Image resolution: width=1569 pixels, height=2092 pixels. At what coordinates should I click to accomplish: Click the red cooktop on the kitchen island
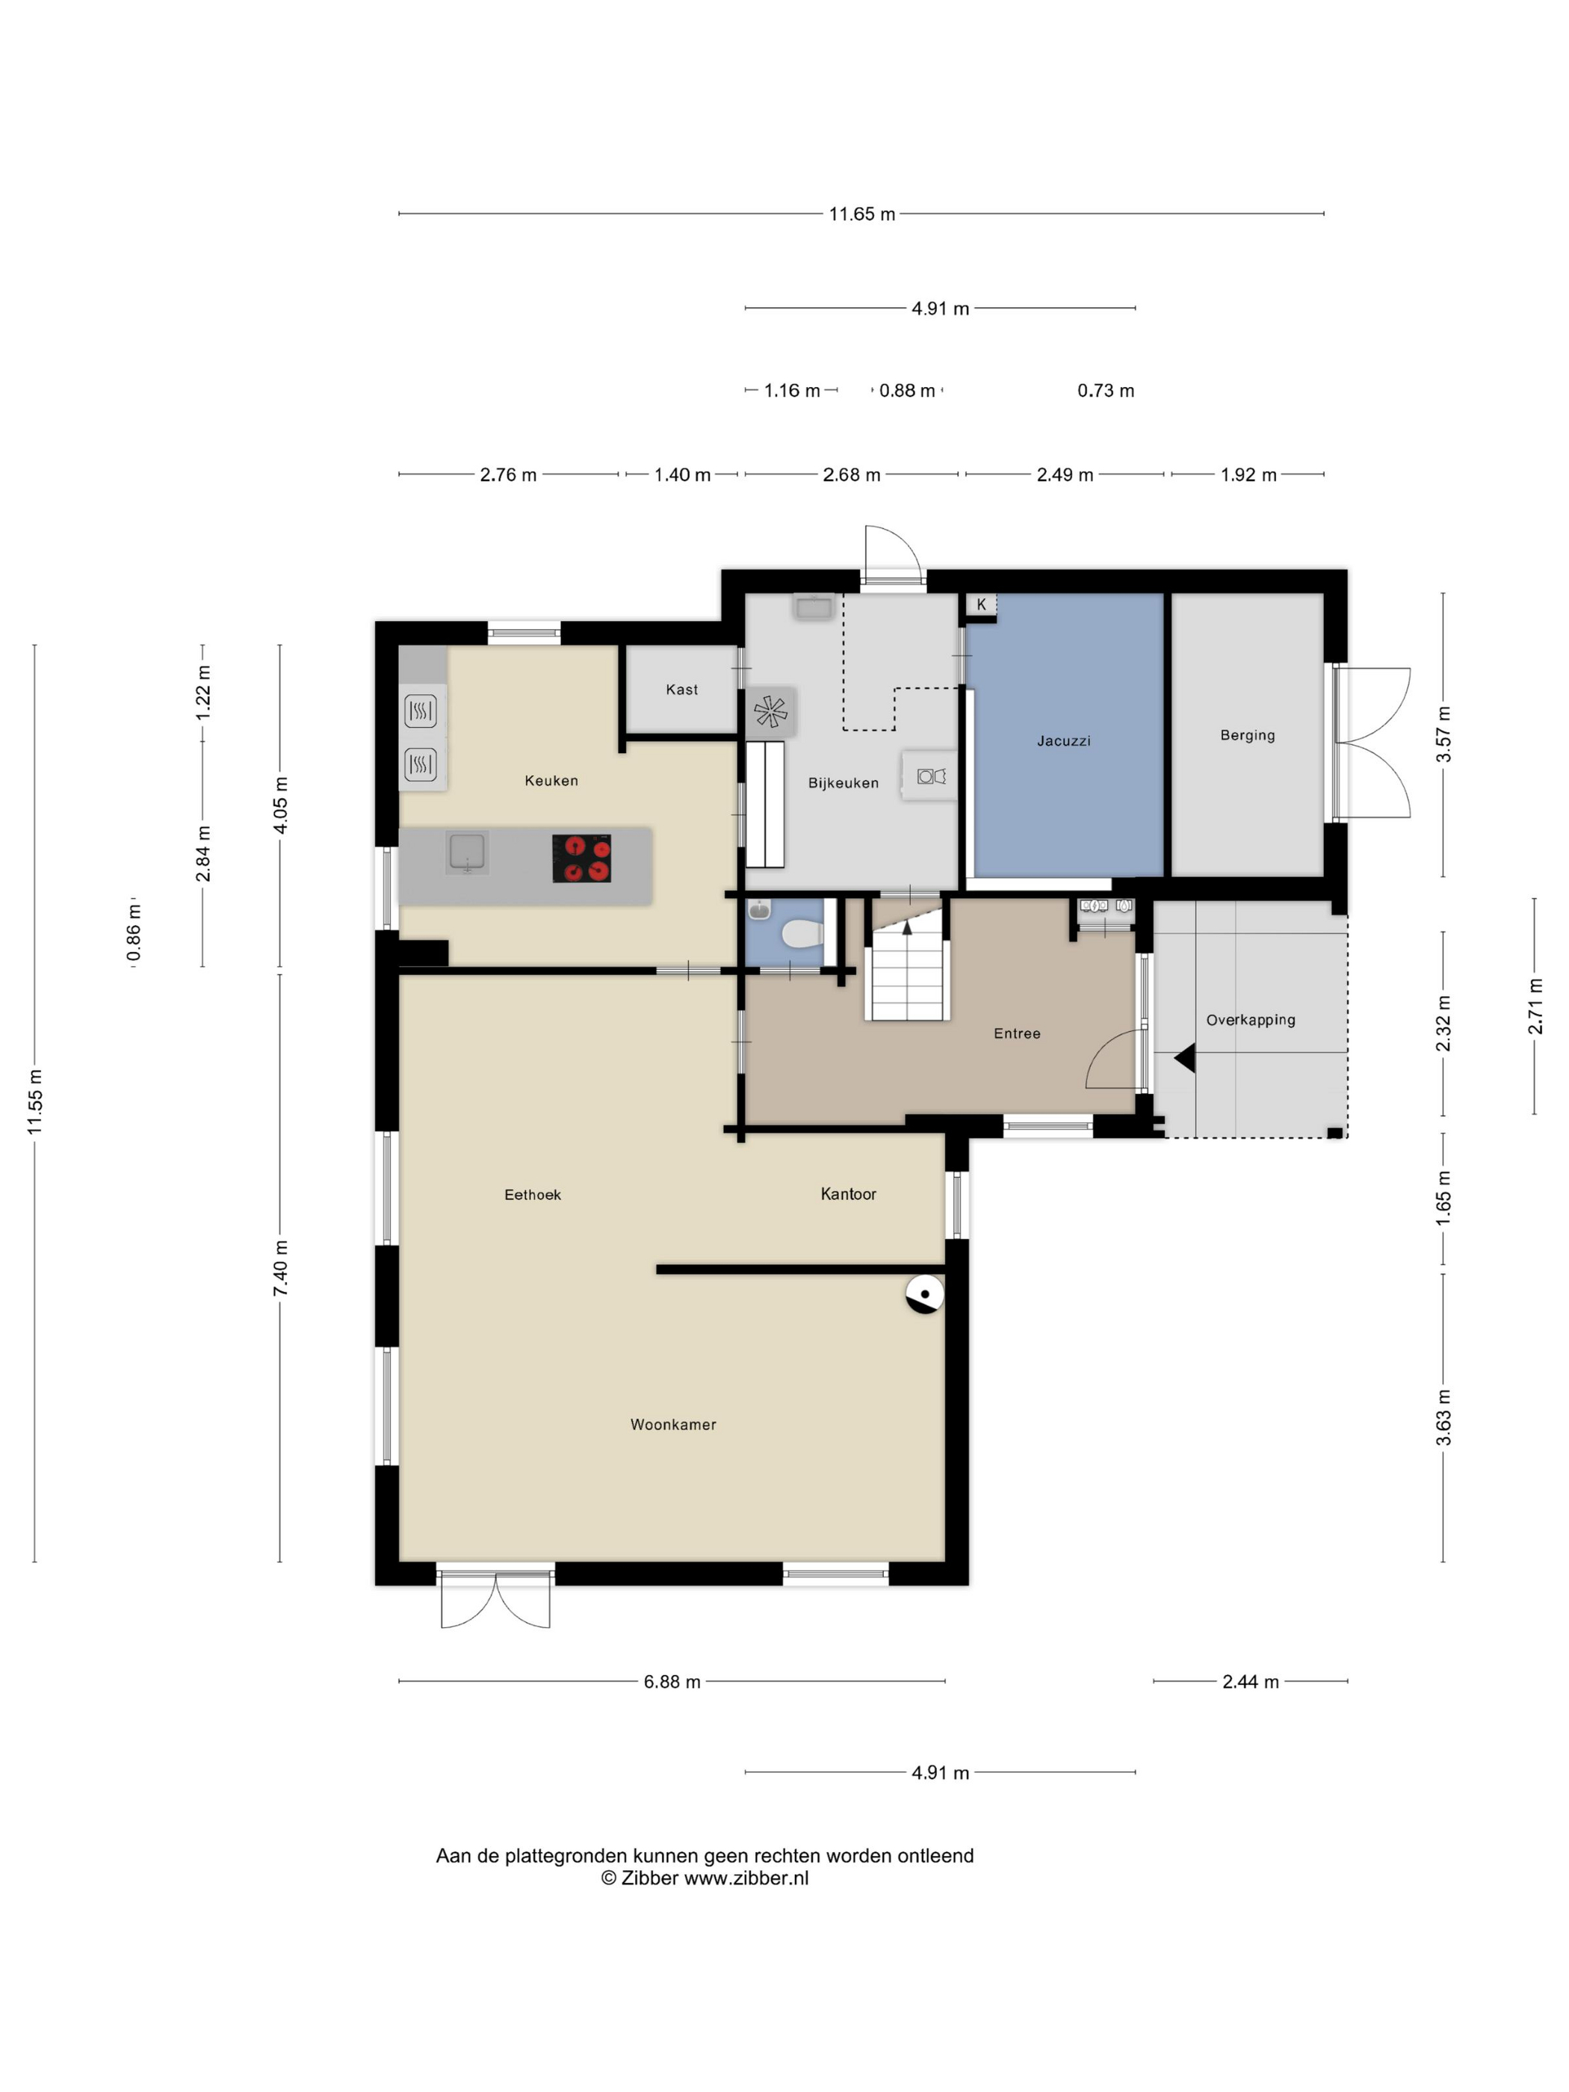coord(581,858)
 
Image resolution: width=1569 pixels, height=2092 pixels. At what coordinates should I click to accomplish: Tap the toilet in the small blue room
coord(802,935)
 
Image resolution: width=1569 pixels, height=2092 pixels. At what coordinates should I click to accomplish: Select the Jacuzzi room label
coord(1063,740)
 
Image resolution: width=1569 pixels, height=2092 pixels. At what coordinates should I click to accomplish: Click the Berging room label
coord(1248,735)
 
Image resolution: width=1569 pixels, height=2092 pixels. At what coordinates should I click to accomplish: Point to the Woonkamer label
coord(673,1424)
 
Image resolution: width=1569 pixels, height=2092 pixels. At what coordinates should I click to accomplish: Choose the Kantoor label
coord(848,1193)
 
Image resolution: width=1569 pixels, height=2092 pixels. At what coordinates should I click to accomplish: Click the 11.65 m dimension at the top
coord(861,214)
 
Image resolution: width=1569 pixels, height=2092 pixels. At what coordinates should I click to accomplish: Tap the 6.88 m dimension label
coord(672,1682)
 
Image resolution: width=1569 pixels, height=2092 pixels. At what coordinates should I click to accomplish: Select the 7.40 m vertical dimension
coord(281,1268)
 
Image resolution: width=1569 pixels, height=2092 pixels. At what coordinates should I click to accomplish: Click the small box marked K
coord(981,605)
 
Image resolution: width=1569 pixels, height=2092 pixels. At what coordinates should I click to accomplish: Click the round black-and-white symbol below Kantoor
coord(925,1295)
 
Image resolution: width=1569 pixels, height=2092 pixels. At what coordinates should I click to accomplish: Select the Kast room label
coord(682,690)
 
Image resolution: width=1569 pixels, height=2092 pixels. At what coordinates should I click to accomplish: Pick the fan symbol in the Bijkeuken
coord(771,711)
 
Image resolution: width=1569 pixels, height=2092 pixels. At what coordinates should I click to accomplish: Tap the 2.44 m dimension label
coord(1250,1682)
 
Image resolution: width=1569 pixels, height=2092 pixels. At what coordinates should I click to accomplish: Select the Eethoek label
coord(533,1195)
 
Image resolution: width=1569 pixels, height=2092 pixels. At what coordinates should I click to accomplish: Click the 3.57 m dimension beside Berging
coord(1443,734)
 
